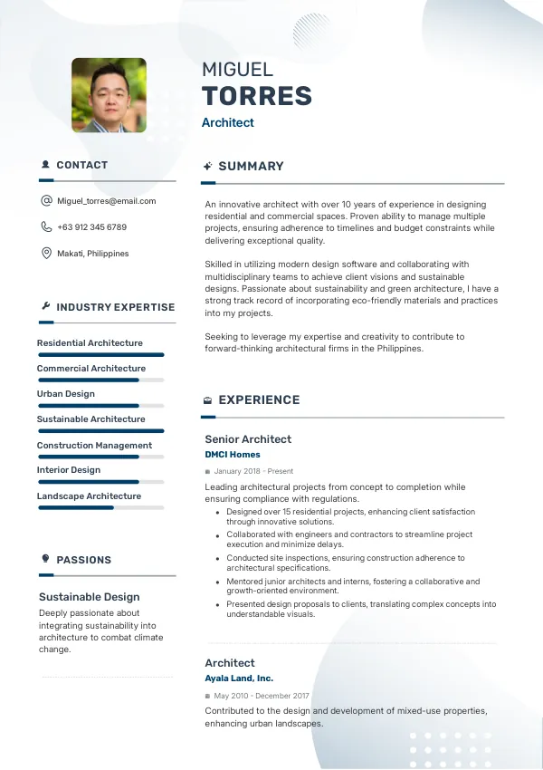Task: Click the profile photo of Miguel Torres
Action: (109, 95)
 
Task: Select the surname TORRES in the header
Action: (256, 96)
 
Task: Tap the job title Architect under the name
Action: (227, 123)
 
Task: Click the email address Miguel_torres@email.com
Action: (106, 201)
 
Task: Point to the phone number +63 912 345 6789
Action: (91, 227)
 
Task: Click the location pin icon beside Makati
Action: (46, 254)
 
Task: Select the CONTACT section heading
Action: (81, 166)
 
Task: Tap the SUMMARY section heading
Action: (251, 167)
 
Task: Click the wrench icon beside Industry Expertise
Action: (46, 307)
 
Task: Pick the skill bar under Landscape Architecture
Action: (100, 507)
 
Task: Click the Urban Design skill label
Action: (65, 394)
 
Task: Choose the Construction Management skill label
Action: (94, 446)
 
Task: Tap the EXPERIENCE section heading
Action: (259, 400)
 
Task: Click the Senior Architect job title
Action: (248, 439)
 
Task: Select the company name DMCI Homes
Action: (232, 455)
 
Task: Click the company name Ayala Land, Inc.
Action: (239, 679)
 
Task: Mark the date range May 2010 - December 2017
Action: (262, 696)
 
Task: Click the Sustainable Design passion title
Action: (89, 597)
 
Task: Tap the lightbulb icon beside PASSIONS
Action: (46, 559)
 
